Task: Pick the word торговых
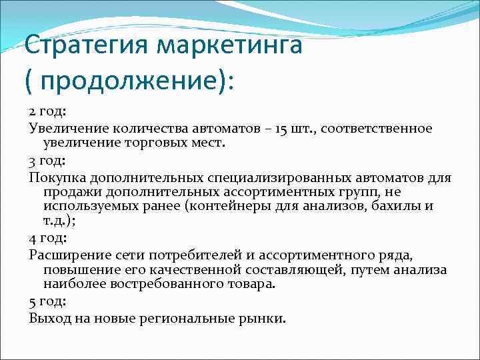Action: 165,143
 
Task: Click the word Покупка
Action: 55,178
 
